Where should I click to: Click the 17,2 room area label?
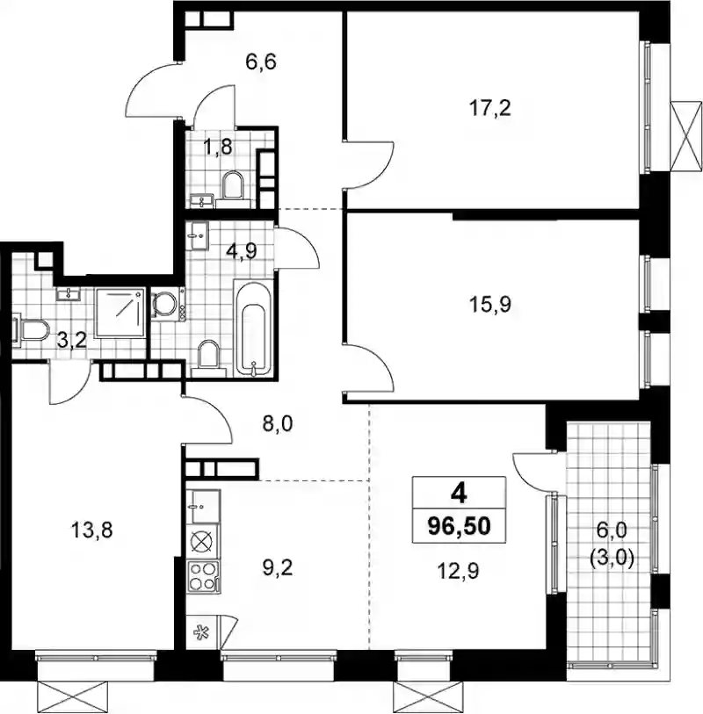[x=489, y=109]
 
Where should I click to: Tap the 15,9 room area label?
[x=489, y=305]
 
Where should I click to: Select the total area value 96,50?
[x=459, y=526]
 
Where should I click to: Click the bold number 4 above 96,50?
[x=459, y=494]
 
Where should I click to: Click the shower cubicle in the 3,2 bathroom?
[x=120, y=313]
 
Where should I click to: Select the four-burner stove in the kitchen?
[x=203, y=576]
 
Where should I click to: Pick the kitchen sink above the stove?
[x=203, y=507]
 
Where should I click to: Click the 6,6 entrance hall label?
[x=261, y=62]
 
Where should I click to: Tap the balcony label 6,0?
[x=612, y=530]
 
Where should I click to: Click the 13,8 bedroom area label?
[x=92, y=530]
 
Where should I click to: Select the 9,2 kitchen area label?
[x=278, y=568]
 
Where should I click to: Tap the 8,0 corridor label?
[x=278, y=424]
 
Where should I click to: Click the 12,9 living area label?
[x=459, y=571]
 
